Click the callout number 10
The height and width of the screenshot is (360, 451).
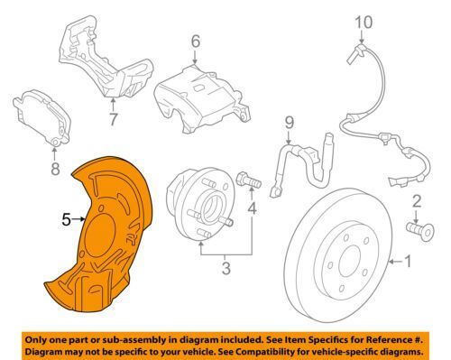364,23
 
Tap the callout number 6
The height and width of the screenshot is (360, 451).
196,42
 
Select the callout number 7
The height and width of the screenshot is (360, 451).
113,119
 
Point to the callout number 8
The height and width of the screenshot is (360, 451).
55,169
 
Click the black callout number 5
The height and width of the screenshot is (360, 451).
66,219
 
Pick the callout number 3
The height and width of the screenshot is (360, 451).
225,268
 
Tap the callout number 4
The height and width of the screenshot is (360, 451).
252,208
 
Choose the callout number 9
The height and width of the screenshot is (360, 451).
289,123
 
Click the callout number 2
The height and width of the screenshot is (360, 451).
417,202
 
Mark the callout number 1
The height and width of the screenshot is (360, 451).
408,262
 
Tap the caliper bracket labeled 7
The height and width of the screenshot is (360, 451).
106,57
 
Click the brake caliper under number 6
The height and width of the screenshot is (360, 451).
201,99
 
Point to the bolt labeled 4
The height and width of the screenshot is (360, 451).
249,180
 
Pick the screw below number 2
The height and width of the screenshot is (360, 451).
420,230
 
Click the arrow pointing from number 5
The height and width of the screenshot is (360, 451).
78,219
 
